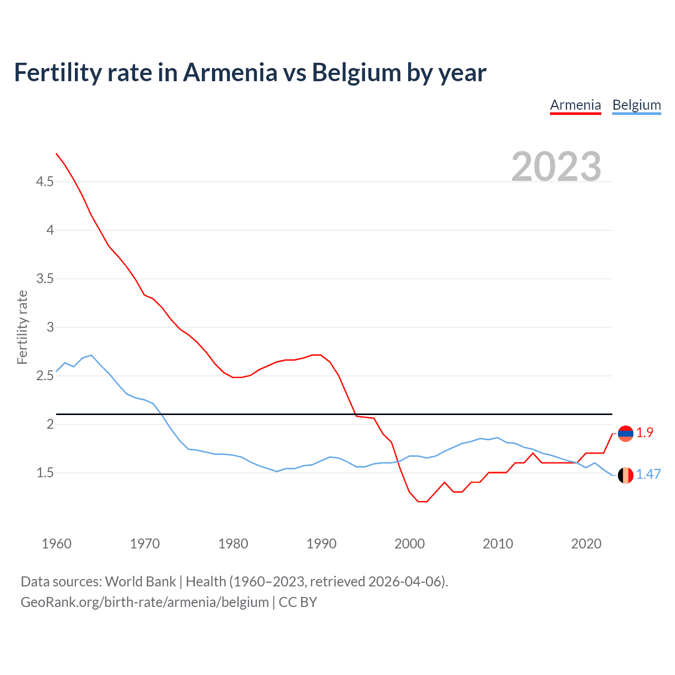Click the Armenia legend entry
pyautogui.click(x=575, y=105)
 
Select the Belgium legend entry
pyautogui.click(x=637, y=105)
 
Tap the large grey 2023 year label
pyautogui.click(x=556, y=167)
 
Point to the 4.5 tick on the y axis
pyautogui.click(x=45, y=182)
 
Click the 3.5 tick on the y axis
pyautogui.click(x=45, y=279)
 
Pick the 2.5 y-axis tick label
pyautogui.click(x=45, y=376)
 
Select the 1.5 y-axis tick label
pyautogui.click(x=45, y=473)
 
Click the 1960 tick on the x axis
pyautogui.click(x=56, y=544)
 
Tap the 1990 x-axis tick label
pyautogui.click(x=321, y=544)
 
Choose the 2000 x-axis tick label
pyautogui.click(x=409, y=544)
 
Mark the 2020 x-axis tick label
pyautogui.click(x=586, y=544)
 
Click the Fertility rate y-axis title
pyautogui.click(x=22, y=327)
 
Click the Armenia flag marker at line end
pyautogui.click(x=625, y=433)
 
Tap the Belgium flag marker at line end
pyautogui.click(x=625, y=475)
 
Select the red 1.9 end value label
pyautogui.click(x=644, y=433)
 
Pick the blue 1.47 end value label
pyautogui.click(x=648, y=475)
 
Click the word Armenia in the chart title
pyautogui.click(x=230, y=73)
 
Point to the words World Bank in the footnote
pyautogui.click(x=140, y=582)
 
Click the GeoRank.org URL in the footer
pyautogui.click(x=144, y=602)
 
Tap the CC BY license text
pyautogui.click(x=298, y=602)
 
